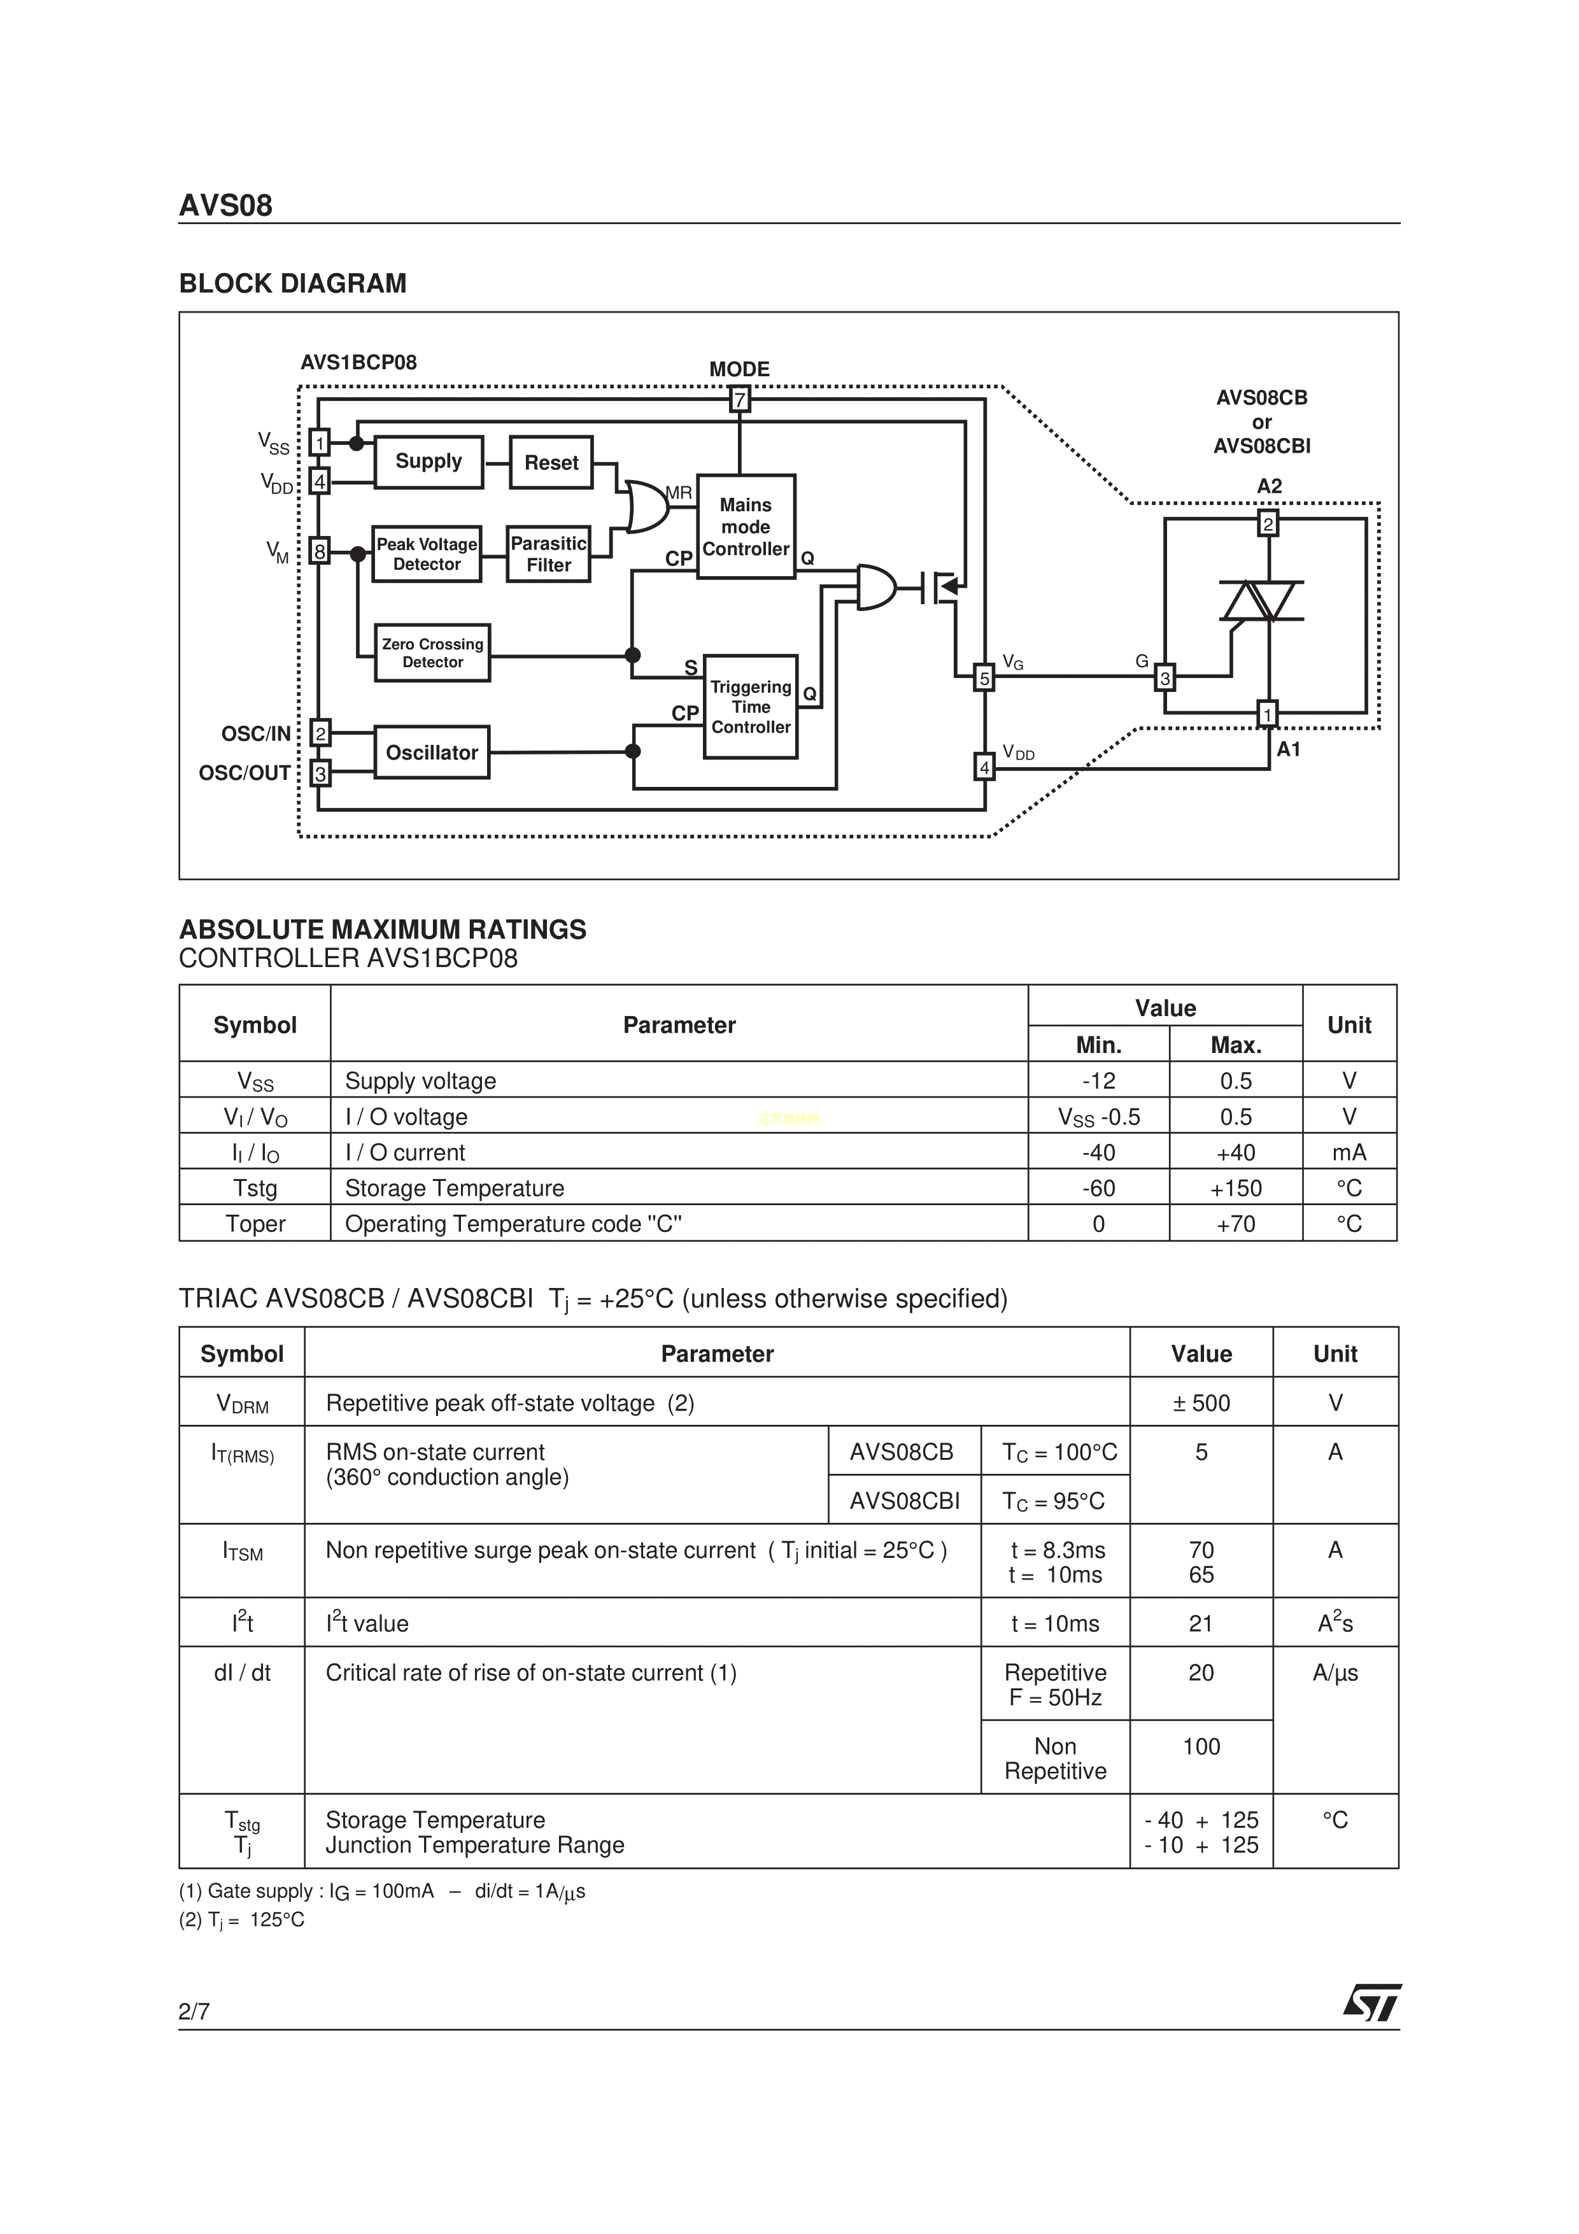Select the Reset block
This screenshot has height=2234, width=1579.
point(551,463)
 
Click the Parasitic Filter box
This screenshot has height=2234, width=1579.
point(549,555)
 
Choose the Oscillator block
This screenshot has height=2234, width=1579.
point(431,752)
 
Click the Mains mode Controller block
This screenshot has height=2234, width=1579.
point(746,527)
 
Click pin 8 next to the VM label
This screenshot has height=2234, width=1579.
point(319,552)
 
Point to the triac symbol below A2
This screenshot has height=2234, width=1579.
point(1262,601)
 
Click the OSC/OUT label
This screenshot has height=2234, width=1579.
point(244,774)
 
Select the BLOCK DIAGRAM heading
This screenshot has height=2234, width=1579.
point(293,284)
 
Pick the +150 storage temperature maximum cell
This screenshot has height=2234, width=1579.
point(1236,1188)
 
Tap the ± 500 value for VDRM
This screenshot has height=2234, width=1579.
point(1201,1403)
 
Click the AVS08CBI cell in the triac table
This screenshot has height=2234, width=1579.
point(904,1501)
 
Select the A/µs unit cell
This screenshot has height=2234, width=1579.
point(1335,1672)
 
